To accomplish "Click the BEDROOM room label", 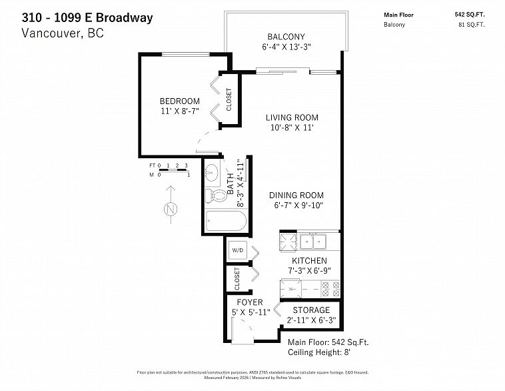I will coord(179,101).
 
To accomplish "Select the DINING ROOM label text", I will coord(296,195).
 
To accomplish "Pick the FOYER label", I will coord(249,302).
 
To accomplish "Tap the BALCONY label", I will coord(286,37).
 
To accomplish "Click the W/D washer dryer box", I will coord(237,250).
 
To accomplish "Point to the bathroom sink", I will coord(213,171).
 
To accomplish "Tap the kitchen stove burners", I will coord(330,288).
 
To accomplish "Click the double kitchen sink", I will coord(312,241).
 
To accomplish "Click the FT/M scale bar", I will coord(169,170).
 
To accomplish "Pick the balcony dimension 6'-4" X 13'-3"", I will coord(286,47).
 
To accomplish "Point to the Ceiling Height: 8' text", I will coord(318,352).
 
